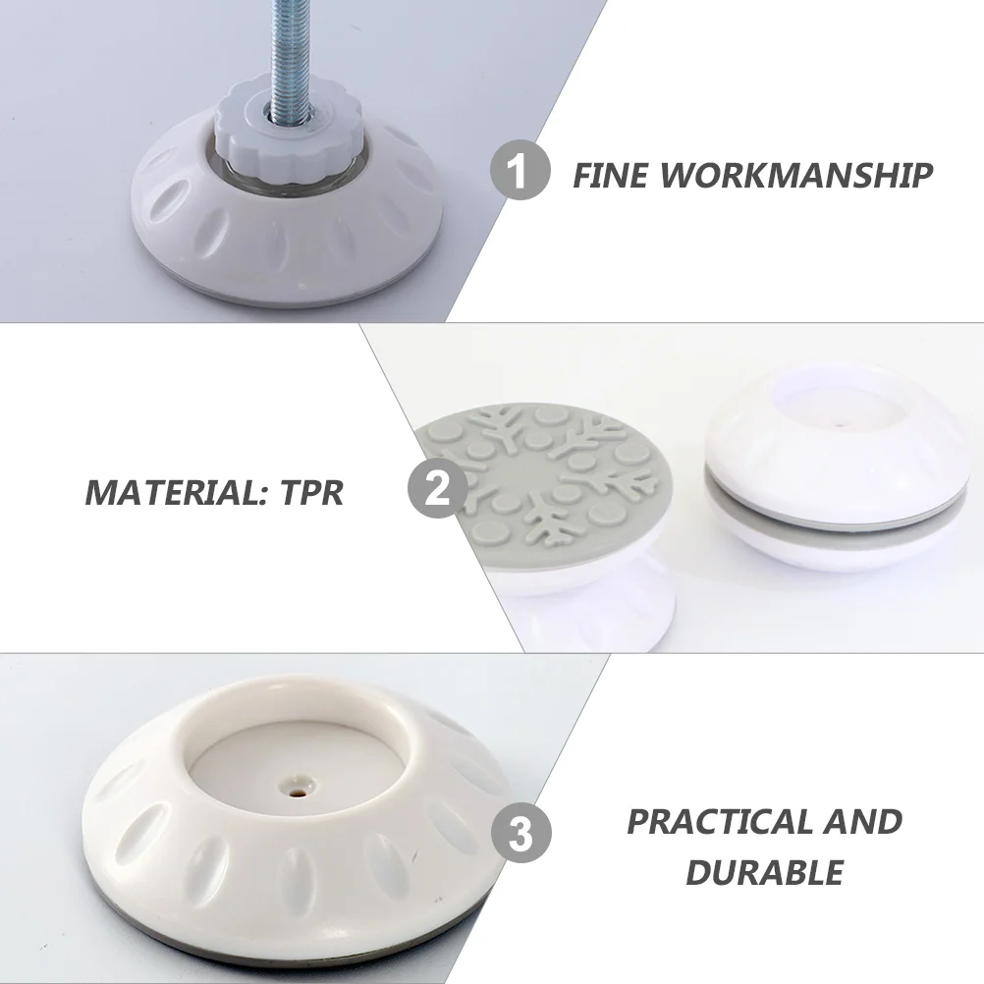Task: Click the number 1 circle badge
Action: (x=519, y=171)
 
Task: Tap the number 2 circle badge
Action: (x=438, y=488)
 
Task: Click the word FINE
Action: (x=610, y=175)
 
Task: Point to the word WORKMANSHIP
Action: (x=796, y=175)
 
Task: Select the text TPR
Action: (x=312, y=493)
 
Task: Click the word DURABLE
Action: (x=765, y=872)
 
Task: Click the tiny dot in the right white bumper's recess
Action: (x=841, y=425)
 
